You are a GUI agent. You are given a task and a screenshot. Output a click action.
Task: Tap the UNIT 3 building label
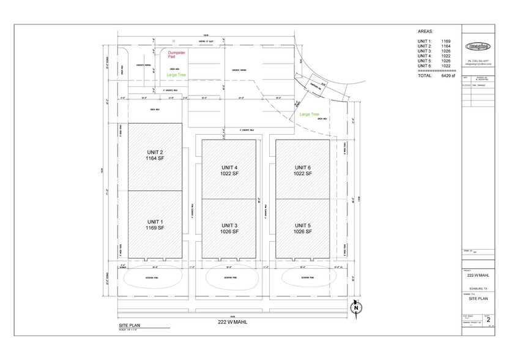click(x=228, y=228)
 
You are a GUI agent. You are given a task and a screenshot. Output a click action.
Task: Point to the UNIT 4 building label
click(x=228, y=170)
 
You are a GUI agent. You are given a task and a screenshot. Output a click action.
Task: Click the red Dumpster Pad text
click(x=177, y=56)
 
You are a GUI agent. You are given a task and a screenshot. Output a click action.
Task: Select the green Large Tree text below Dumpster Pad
click(x=177, y=75)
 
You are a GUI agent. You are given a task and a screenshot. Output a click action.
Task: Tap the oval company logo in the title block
click(x=478, y=45)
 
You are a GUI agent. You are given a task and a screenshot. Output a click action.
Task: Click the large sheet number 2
click(x=488, y=319)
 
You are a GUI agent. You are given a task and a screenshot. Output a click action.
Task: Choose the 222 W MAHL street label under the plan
click(x=236, y=322)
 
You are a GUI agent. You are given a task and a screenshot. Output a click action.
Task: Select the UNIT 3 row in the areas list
click(x=433, y=50)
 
